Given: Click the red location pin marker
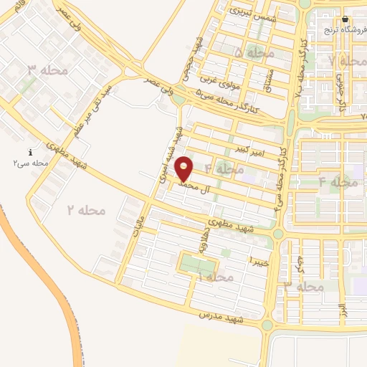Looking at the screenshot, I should [185, 168].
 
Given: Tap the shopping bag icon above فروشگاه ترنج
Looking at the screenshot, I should [345, 19].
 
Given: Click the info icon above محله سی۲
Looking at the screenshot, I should [30, 153].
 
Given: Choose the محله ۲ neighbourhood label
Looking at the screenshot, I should [87, 210].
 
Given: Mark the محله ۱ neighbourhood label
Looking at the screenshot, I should [215, 277].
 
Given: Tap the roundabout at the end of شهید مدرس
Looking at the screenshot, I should [268, 325].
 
